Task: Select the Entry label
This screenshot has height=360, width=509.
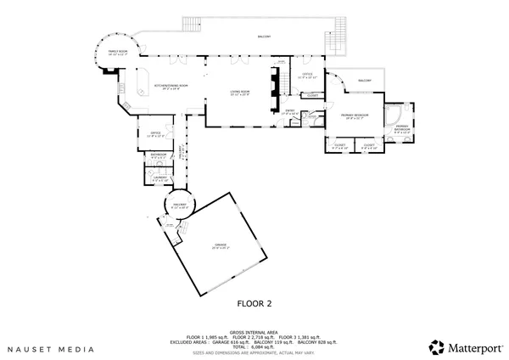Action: [x=289, y=112]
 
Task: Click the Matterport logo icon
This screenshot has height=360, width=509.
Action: [x=436, y=346]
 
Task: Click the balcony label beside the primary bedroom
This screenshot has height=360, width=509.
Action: [x=365, y=81]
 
